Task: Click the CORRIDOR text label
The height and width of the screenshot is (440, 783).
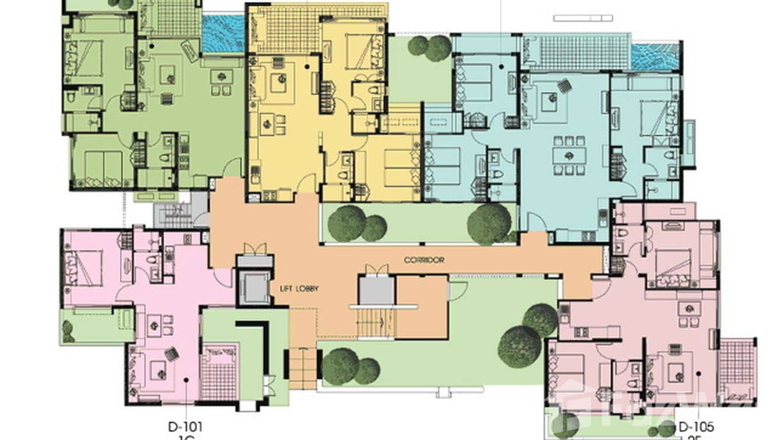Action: pyautogui.click(x=424, y=260)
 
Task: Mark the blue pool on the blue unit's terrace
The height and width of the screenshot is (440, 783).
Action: pyautogui.click(x=656, y=57)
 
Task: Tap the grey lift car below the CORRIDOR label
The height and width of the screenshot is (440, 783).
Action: pyautogui.click(x=376, y=290)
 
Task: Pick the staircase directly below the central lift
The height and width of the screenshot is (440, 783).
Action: pyautogui.click(x=376, y=323)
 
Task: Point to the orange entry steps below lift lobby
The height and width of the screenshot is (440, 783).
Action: pyautogui.click(x=303, y=368)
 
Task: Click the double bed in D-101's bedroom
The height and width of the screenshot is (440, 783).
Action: pyautogui.click(x=86, y=268)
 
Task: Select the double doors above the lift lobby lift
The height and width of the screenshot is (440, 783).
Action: pyautogui.click(x=254, y=249)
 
